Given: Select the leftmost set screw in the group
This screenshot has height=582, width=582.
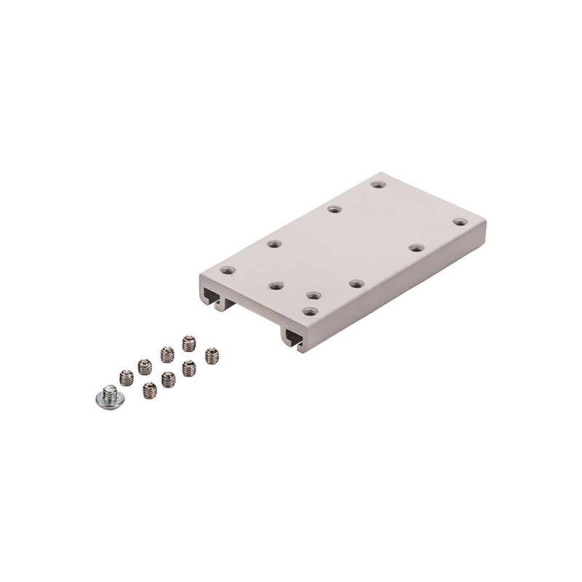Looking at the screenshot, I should [127, 378].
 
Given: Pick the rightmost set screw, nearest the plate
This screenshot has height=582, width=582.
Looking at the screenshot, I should [212, 356].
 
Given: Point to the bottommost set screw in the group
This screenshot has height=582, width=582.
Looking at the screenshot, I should [149, 388].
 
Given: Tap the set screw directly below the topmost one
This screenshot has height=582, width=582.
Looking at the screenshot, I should [189, 367].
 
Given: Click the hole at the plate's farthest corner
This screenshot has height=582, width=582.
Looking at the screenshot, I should [377, 184].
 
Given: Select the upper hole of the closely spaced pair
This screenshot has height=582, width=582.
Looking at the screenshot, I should [314, 295].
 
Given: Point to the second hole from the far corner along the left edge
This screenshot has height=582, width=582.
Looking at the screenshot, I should [334, 210].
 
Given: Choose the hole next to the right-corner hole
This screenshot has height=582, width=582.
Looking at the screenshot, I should [415, 248].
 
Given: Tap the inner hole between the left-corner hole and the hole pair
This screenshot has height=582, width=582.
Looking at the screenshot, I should [275, 285].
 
